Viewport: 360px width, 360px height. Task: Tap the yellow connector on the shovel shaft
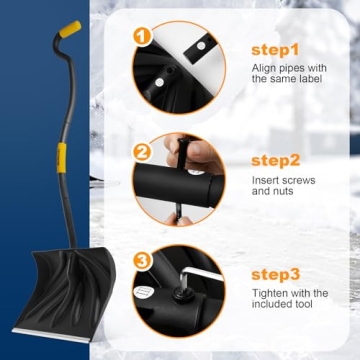click(x=61, y=156)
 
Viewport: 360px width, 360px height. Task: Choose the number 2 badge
click(x=142, y=153)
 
